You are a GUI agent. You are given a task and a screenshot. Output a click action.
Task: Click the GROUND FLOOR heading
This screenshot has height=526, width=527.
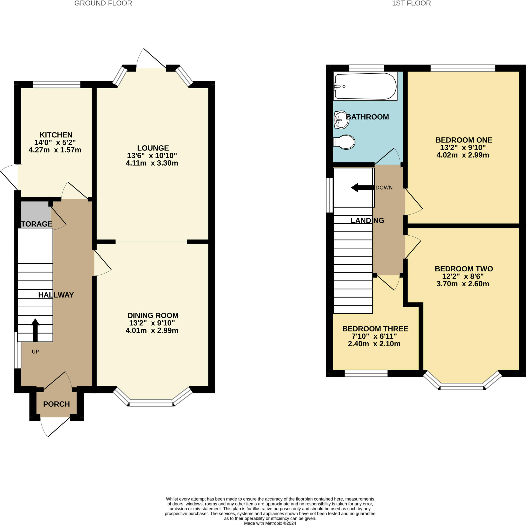coord(103,3)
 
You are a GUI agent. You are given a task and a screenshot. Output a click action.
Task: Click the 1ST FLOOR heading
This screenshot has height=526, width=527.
coord(411,3)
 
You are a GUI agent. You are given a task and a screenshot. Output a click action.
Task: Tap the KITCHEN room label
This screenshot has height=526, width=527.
coord(56,135)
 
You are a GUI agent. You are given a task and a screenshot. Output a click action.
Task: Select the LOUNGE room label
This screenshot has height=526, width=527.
coord(153,148)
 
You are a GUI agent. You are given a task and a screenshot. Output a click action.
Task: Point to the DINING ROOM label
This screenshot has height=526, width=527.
coord(153,316)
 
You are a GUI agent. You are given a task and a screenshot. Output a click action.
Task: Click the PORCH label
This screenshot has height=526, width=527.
coord(56,404)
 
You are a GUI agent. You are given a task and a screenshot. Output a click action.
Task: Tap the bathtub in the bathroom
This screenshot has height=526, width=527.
coord(365,86)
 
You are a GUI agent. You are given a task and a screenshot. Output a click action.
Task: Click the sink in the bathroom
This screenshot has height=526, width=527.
coord(341,120)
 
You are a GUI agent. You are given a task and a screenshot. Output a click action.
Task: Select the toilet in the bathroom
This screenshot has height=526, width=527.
coord(344,142)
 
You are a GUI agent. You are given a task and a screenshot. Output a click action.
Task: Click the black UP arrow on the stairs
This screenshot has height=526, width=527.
coord(35,330)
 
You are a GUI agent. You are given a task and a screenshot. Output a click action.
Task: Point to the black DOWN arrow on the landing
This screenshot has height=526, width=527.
coord(362,188)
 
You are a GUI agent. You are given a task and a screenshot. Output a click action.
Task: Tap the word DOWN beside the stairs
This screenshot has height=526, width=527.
coord(384,188)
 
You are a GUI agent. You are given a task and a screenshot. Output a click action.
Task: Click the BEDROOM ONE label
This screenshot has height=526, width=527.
coord(464,140)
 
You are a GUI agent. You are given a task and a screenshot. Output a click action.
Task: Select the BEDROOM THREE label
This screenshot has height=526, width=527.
coord(375,329)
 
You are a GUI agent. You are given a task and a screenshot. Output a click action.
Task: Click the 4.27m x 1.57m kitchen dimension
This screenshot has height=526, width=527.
coord(55,150)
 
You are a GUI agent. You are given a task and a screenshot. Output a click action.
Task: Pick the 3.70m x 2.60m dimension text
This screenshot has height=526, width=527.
coord(463,284)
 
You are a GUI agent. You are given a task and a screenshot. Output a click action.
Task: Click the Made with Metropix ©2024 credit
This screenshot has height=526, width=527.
coord(270,523)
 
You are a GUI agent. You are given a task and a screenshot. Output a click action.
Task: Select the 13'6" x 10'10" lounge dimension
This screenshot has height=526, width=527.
coord(152,156)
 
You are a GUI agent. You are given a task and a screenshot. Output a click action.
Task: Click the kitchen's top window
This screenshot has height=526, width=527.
coord(57,85)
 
